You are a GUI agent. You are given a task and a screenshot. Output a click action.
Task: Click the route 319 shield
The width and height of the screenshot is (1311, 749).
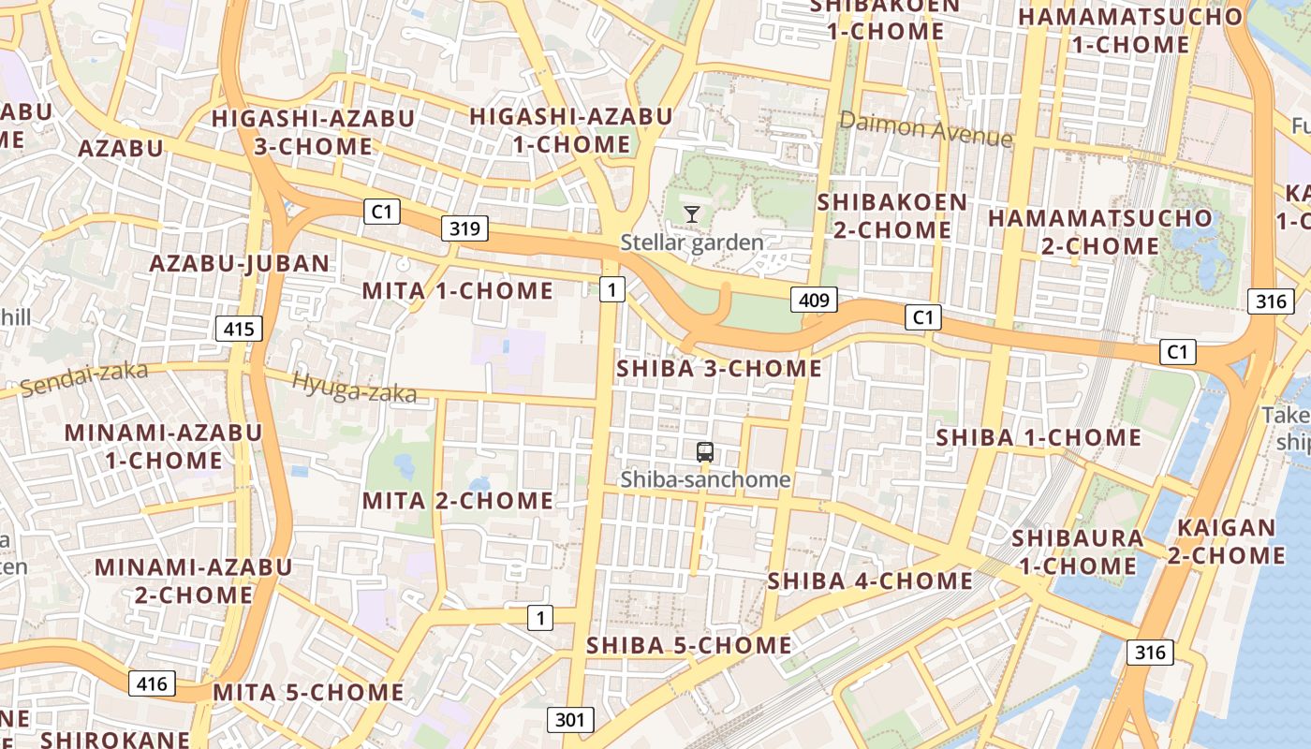(464, 228)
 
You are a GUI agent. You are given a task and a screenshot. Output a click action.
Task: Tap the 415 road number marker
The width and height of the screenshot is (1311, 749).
(239, 329)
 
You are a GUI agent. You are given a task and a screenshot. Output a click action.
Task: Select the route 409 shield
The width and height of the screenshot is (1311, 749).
(814, 301)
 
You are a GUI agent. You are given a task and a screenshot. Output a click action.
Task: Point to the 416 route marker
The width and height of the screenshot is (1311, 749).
(152, 683)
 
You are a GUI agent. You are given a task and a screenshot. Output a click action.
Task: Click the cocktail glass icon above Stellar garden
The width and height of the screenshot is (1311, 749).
(692, 214)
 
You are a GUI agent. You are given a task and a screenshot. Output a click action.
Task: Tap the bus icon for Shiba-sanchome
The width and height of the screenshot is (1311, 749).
(705, 452)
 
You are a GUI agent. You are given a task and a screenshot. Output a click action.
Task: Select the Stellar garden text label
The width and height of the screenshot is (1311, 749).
(692, 242)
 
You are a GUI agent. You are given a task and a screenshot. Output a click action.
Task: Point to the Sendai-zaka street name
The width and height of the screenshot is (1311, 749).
(84, 378)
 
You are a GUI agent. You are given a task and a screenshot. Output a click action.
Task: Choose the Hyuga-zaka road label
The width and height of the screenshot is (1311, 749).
(354, 388)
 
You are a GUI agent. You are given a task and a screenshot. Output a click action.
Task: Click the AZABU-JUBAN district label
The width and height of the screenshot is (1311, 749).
(240, 263)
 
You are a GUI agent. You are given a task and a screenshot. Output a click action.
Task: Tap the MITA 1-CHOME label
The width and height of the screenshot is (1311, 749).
(457, 290)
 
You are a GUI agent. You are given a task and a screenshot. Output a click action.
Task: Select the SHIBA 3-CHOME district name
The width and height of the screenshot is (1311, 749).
(719, 369)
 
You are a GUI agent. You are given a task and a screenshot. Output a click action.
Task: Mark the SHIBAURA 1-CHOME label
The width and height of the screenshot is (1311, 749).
(1077, 551)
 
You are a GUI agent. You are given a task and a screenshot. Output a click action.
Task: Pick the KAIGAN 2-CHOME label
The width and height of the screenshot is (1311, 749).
(1227, 541)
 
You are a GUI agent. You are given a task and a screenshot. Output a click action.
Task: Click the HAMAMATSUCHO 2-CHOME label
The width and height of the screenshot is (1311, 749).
(1100, 232)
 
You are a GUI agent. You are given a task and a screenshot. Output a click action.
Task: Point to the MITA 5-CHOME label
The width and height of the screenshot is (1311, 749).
(309, 693)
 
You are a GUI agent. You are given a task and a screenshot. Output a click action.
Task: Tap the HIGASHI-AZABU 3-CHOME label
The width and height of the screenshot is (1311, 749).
(313, 132)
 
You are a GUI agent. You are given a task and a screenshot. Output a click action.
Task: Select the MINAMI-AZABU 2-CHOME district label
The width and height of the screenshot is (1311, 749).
(193, 580)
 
